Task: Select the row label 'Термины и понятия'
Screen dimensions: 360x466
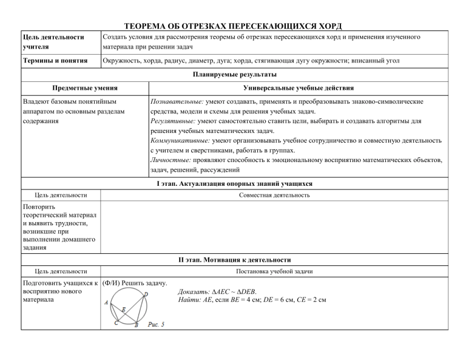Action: point(53,61)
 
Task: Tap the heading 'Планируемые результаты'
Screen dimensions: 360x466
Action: point(233,75)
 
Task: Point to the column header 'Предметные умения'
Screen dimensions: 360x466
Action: point(85,89)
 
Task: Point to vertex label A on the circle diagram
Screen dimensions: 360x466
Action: point(107,302)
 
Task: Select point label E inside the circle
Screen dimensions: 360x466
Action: point(124,310)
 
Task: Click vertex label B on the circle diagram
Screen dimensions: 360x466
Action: point(136,325)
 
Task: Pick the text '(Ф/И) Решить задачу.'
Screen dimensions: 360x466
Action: point(135,284)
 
